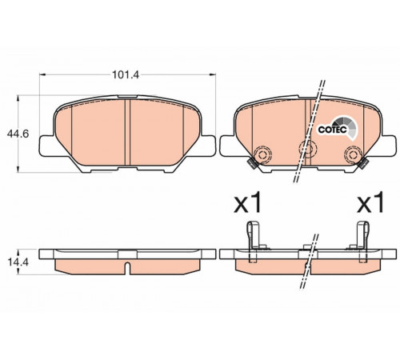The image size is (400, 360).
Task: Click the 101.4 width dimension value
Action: point(126,75)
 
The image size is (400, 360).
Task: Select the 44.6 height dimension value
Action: point(18,134)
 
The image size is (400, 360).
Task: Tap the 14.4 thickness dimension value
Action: point(18,262)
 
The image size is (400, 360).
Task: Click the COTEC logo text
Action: point(333,130)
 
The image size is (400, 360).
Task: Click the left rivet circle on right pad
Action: point(262,154)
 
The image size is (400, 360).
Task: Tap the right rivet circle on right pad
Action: point(353,154)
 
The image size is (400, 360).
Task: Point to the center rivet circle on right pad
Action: point(308,148)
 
